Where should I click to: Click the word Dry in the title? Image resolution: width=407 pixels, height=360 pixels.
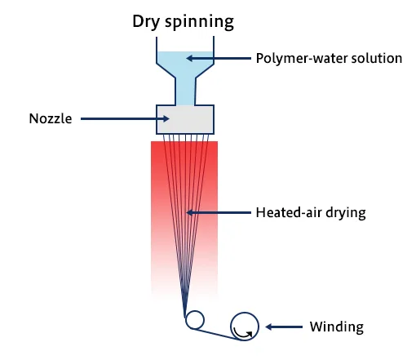(x=146, y=22)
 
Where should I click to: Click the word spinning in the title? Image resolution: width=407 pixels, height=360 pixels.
(x=199, y=22)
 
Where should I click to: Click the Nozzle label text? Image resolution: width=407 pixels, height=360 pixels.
(x=51, y=118)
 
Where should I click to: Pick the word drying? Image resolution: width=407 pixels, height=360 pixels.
(x=346, y=213)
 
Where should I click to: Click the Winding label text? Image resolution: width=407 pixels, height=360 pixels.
(x=337, y=327)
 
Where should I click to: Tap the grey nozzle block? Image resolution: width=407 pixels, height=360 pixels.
(x=185, y=119)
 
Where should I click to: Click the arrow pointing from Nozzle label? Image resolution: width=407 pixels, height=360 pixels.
(x=125, y=118)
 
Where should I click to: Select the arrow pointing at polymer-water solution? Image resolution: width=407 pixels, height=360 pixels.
(x=219, y=58)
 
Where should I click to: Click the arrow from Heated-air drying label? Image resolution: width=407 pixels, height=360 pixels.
(x=219, y=212)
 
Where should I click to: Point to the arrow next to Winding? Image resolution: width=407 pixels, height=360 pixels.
(x=284, y=327)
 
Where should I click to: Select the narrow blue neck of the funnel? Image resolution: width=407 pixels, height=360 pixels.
(x=185, y=91)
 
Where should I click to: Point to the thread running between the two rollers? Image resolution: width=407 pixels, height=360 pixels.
(x=218, y=335)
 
